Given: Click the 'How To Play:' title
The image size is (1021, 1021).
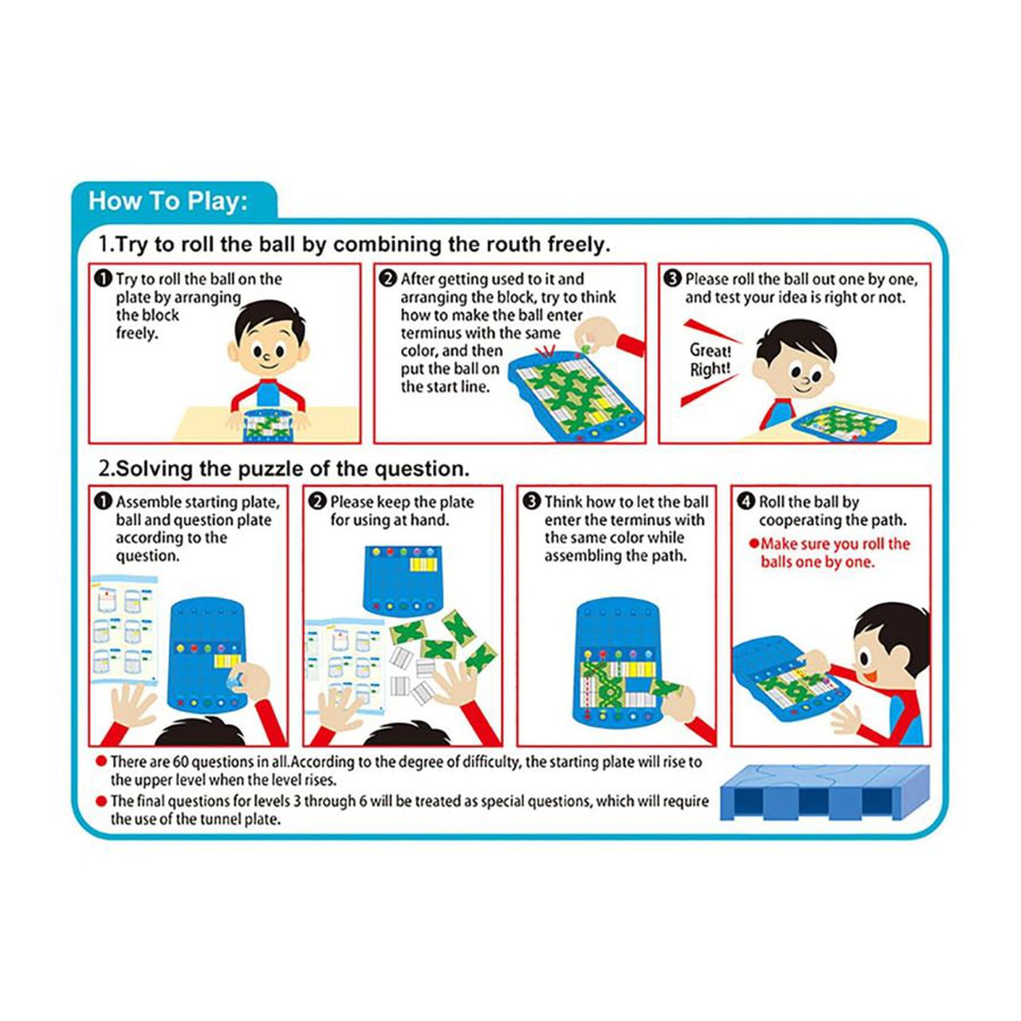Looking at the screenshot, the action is click(168, 201).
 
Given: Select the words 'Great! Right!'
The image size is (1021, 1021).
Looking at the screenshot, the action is click(710, 360).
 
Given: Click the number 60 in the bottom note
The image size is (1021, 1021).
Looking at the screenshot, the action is click(180, 762).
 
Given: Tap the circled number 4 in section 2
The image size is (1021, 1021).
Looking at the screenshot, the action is click(747, 502).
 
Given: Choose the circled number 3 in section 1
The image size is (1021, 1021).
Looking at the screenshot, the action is click(672, 278).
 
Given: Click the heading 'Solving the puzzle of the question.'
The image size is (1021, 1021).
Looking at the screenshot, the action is click(293, 469).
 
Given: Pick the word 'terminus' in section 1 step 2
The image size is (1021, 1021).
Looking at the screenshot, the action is click(429, 334).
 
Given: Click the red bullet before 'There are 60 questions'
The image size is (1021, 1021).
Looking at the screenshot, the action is click(101, 762).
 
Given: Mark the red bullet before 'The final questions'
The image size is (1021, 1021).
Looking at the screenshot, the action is click(101, 801).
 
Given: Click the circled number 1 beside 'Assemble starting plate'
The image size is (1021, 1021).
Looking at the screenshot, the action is click(103, 502).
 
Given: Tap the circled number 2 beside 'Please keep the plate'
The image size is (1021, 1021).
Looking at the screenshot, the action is click(317, 502).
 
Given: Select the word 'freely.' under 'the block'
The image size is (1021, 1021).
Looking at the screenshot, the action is click(137, 334).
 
